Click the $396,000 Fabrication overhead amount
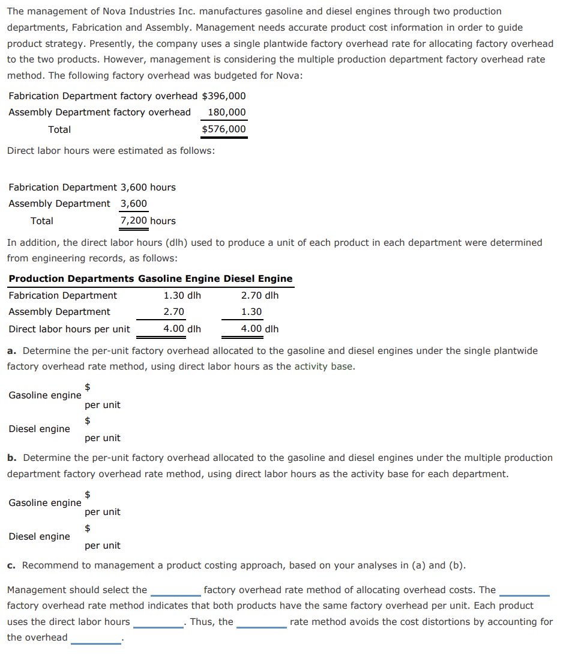tap(224, 96)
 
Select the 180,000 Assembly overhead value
tap(226, 112)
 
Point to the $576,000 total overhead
tap(224, 129)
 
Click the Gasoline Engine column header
tap(179, 279)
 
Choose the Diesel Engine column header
tap(258, 279)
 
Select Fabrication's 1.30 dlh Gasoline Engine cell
tap(182, 296)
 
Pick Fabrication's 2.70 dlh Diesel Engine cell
tap(259, 296)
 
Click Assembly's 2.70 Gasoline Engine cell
tap(174, 312)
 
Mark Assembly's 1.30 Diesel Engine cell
tap(251, 312)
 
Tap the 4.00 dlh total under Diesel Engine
tap(259, 329)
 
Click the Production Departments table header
tap(71, 279)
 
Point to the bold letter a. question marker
tap(11, 350)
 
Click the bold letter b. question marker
tap(11, 458)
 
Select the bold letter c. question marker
tap(11, 565)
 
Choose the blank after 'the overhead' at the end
tap(96, 639)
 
